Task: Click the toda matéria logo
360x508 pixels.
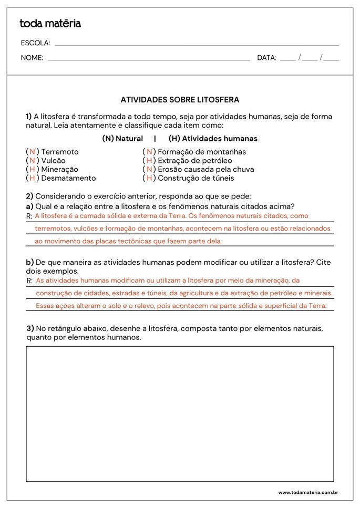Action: pyautogui.click(x=50, y=24)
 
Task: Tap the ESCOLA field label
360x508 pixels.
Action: pyautogui.click(x=35, y=43)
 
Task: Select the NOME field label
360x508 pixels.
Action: pyautogui.click(x=32, y=58)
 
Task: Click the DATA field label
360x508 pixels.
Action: pyautogui.click(x=266, y=58)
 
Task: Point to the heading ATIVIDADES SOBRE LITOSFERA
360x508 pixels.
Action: pyautogui.click(x=180, y=99)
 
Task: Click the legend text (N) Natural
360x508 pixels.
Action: pyautogui.click(x=122, y=139)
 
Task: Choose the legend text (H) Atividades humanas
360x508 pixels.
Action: pyautogui.click(x=213, y=139)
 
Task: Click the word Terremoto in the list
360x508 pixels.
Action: pyautogui.click(x=60, y=152)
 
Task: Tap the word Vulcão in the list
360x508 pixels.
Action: pyautogui.click(x=54, y=161)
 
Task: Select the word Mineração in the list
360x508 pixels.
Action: pyautogui.click(x=59, y=169)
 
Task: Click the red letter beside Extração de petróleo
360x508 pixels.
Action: pyautogui.click(x=149, y=161)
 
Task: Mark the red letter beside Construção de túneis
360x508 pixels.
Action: pyautogui.click(x=149, y=178)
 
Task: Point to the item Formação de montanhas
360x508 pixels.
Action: pyautogui.click(x=202, y=152)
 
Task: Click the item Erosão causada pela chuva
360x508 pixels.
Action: pyautogui.click(x=206, y=169)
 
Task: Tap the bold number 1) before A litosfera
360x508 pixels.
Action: pyautogui.click(x=29, y=117)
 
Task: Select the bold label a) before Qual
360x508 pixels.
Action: pyautogui.click(x=30, y=206)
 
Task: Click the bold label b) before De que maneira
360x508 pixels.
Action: pyautogui.click(x=30, y=262)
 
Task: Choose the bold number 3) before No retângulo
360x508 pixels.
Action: pyautogui.click(x=30, y=328)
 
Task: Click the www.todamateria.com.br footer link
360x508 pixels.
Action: pyautogui.click(x=307, y=493)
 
